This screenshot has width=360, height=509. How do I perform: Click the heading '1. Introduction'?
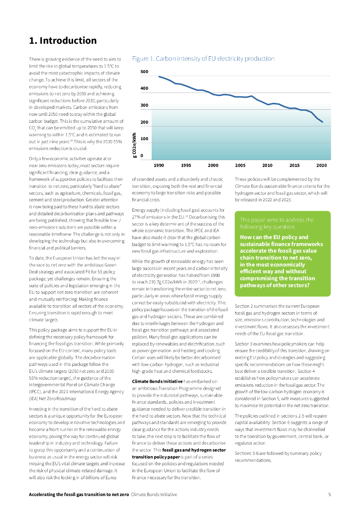[x=63, y=41]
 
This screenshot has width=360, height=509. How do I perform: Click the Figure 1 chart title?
[x=203, y=59]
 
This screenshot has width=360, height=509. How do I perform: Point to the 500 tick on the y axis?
[x=144, y=72]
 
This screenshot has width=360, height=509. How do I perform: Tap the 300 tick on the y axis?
[x=144, y=106]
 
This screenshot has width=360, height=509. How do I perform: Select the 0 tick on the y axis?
[x=142, y=156]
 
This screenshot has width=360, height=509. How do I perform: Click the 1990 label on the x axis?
[x=159, y=165]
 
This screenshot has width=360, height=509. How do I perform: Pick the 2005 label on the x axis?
[x=240, y=165]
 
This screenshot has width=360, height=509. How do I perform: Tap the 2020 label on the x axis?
[x=322, y=165]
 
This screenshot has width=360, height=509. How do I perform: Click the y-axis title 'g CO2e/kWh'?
[x=135, y=146]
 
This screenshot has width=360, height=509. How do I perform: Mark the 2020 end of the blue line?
[x=323, y=122]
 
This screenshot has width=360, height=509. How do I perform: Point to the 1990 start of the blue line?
[x=159, y=77]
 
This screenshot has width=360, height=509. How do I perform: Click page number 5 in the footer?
[x=329, y=495]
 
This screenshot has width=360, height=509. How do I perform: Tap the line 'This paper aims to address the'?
[x=276, y=220]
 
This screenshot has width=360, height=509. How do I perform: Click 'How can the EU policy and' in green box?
[x=274, y=237]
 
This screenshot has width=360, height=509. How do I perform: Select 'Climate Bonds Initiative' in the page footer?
[x=154, y=495]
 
